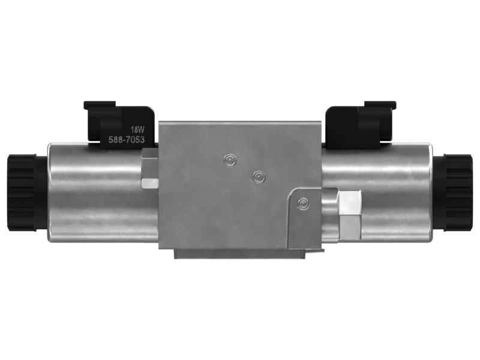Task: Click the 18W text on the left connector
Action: tap(137, 130)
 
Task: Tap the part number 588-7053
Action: tap(127, 140)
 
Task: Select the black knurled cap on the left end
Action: tap(26, 193)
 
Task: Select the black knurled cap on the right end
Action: tap(454, 193)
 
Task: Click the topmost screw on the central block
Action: tap(230, 160)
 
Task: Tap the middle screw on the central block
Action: tap(259, 177)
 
